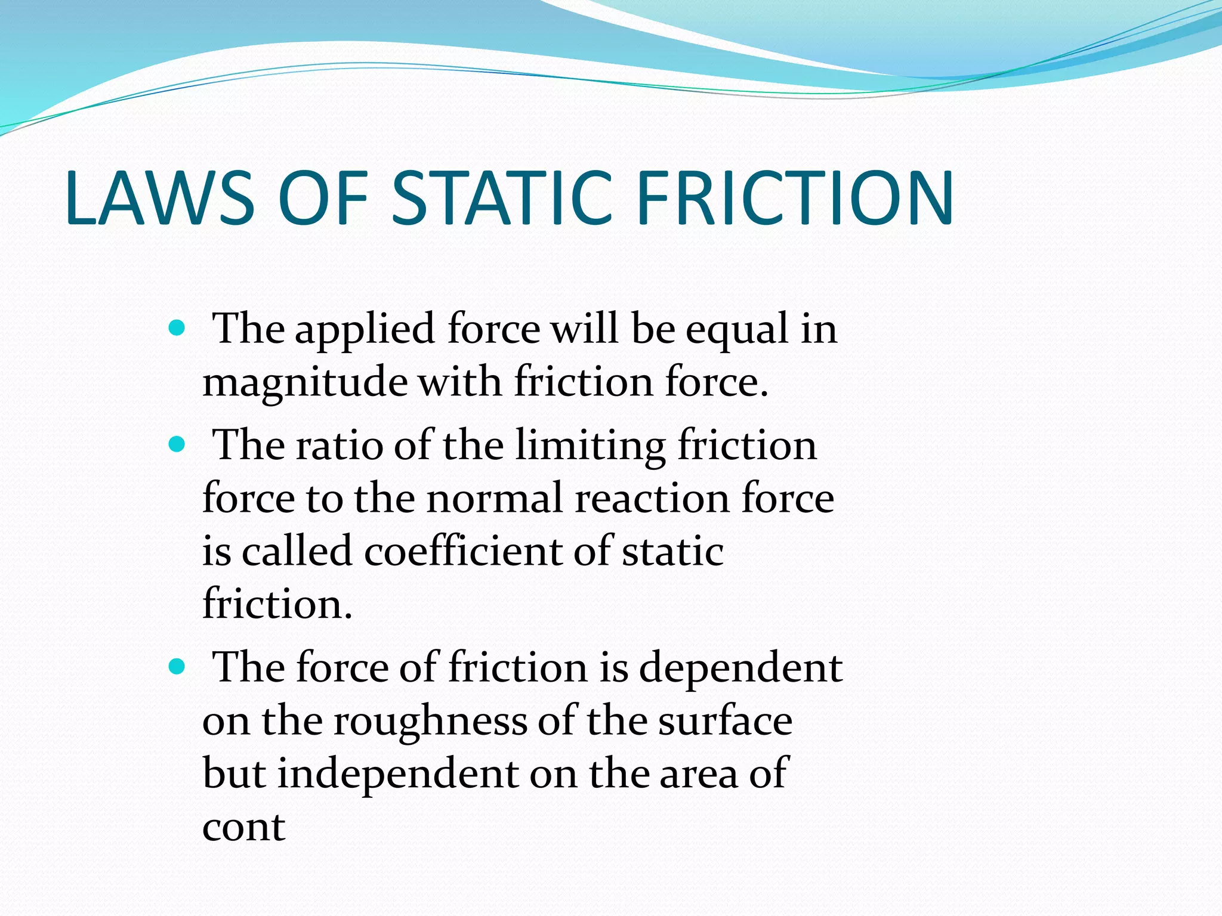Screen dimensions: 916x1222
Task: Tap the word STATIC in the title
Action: click(x=502, y=198)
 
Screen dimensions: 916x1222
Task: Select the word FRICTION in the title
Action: click(x=795, y=198)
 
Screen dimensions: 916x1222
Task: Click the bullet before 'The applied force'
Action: click(x=177, y=327)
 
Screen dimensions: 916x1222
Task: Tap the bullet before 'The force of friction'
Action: click(x=177, y=666)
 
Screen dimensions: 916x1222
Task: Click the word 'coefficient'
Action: click(x=463, y=551)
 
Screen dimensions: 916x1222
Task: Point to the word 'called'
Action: click(x=297, y=551)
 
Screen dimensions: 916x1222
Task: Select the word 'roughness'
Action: click(x=430, y=721)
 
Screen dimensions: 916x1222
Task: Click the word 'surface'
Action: click(x=725, y=721)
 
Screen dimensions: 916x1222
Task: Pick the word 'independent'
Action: click(x=398, y=774)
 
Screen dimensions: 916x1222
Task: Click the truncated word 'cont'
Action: click(x=243, y=827)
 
